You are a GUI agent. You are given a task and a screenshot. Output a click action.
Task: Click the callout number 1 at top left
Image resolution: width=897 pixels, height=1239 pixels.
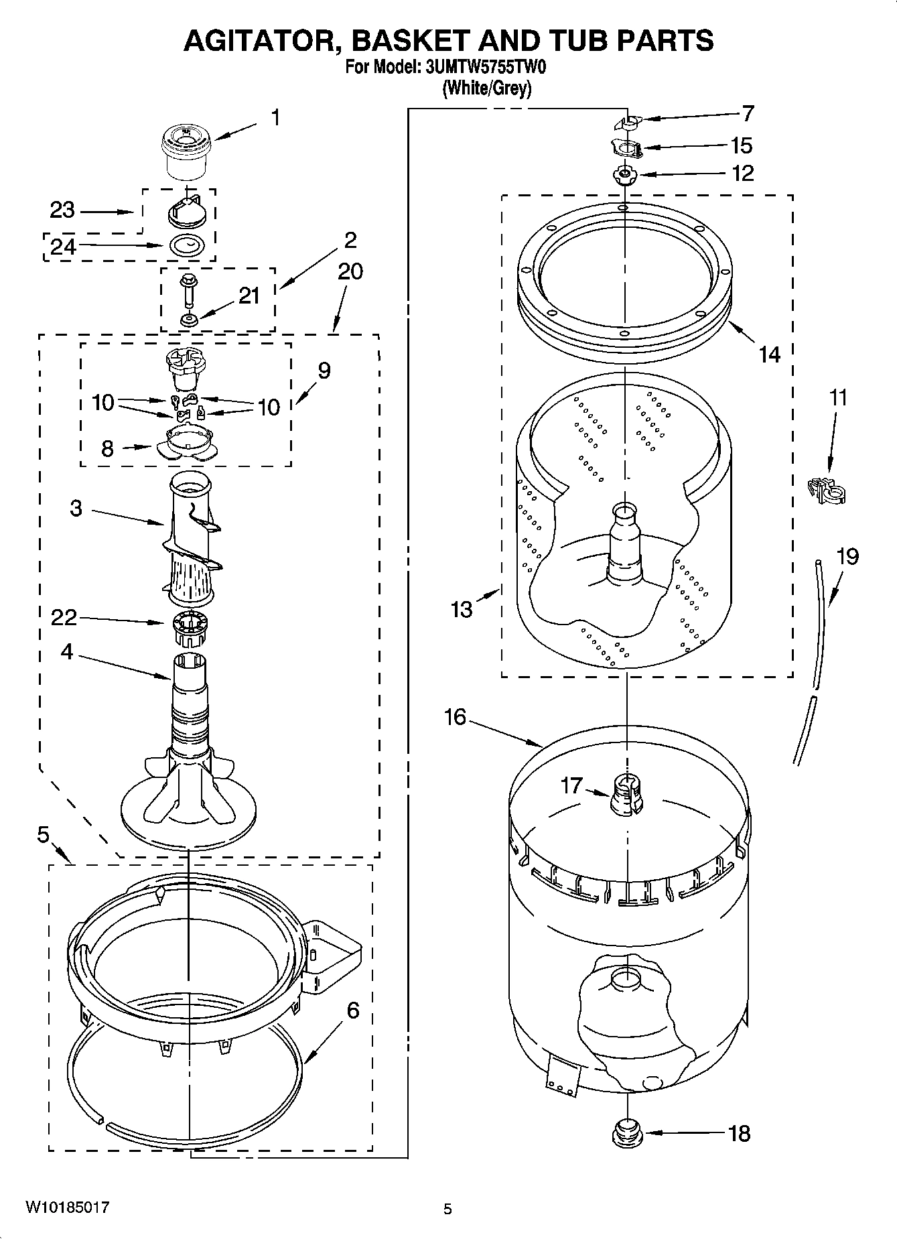275,117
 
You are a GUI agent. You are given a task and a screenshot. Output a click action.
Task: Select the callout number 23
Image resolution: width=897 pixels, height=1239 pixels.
62,210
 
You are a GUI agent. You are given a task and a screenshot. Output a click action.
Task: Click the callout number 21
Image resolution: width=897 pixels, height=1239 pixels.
249,296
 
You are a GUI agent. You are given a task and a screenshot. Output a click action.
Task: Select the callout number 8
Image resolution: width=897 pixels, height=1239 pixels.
107,448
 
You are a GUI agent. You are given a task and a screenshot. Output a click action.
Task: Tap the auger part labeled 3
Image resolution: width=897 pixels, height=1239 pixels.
191,536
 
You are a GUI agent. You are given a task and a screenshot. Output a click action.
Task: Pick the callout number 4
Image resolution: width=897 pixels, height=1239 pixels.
67,651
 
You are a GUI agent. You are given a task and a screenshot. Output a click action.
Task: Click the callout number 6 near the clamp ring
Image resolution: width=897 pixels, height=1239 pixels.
352,1010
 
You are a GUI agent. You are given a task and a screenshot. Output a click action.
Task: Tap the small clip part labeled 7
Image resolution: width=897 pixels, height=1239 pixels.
628,123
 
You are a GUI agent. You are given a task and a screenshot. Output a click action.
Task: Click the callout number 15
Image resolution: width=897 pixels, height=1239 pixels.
741,145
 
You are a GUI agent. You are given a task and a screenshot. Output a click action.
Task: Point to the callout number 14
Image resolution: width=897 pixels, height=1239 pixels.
770,354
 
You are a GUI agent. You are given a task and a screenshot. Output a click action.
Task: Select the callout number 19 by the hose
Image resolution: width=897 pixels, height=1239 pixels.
847,556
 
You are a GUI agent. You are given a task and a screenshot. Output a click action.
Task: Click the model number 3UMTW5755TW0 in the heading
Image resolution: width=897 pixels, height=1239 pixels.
481,68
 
